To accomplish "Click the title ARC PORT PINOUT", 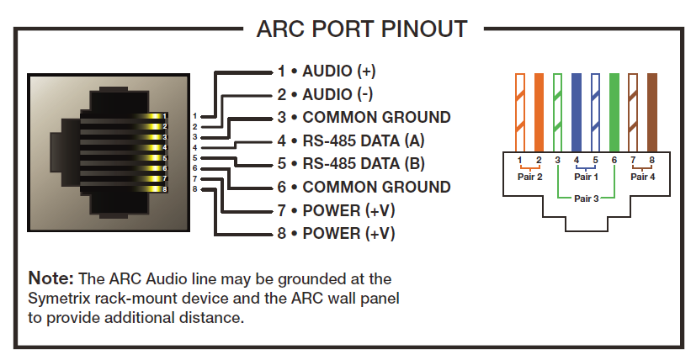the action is click(x=362, y=29).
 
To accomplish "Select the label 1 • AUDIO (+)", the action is click(x=327, y=71).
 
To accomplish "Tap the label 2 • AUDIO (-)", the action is click(x=325, y=94).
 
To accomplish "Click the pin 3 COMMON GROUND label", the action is click(x=364, y=117).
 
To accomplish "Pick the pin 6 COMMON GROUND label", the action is click(x=364, y=187).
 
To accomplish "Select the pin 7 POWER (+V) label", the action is click(x=337, y=210).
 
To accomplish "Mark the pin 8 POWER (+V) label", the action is click(x=337, y=233).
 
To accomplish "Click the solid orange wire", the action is click(x=539, y=113).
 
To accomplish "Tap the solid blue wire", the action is click(x=577, y=113).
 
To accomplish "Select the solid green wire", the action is click(x=614, y=113).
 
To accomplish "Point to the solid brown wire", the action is click(x=651, y=113).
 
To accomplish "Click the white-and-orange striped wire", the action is click(x=520, y=113).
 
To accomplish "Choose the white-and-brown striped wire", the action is click(x=633, y=113).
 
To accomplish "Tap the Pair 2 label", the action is click(x=529, y=177).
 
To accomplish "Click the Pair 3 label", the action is click(x=586, y=199).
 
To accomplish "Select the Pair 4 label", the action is click(x=642, y=177).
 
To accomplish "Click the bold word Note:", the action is click(x=50, y=278).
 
